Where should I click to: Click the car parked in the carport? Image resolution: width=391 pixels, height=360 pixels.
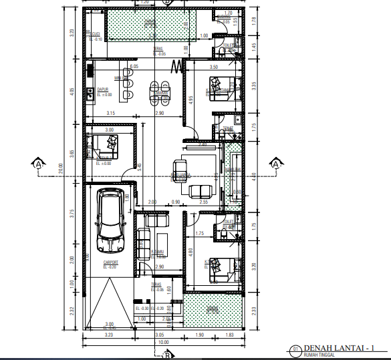110,217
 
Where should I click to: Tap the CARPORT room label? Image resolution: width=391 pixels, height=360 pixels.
112,262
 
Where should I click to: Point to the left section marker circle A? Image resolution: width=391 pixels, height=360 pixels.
39,163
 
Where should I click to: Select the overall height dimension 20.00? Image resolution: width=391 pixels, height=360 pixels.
60,170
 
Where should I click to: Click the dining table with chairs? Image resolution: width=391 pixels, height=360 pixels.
159,92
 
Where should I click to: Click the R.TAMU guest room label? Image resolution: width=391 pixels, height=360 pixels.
158,251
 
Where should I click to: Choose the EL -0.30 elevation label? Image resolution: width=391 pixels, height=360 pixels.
142,308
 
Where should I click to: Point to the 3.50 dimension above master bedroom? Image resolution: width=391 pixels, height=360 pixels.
214,67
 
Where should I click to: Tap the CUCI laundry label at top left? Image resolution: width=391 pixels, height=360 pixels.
96,34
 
